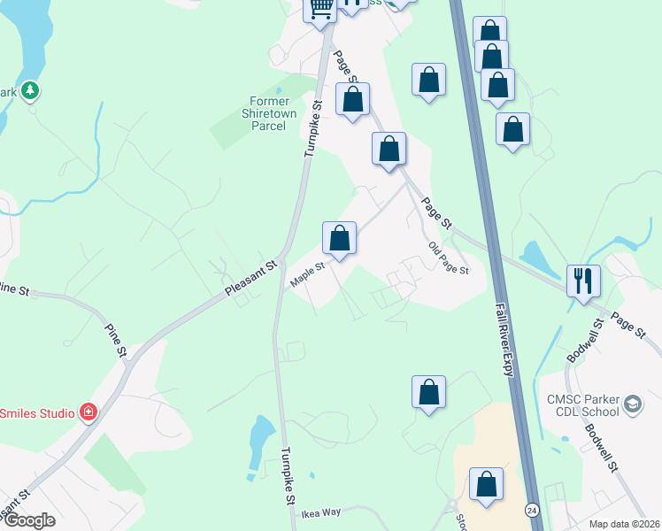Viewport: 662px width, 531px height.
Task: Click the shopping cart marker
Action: coord(320,9)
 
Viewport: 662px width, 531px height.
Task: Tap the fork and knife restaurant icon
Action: coord(583,281)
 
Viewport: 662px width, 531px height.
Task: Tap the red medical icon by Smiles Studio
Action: coord(88,412)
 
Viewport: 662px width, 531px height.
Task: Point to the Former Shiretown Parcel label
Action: coord(264,119)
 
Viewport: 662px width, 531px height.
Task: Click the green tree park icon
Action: coord(30,90)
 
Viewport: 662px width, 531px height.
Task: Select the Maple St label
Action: coord(308,273)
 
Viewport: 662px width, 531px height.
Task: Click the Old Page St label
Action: coord(448,258)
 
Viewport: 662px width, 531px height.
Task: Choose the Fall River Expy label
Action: coord(504,337)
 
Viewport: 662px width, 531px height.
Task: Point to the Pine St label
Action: coord(115,341)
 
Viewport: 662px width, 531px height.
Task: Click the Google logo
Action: coord(28,520)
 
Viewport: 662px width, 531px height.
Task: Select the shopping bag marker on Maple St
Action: coord(339,237)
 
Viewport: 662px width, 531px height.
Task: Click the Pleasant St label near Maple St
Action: coord(251,278)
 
